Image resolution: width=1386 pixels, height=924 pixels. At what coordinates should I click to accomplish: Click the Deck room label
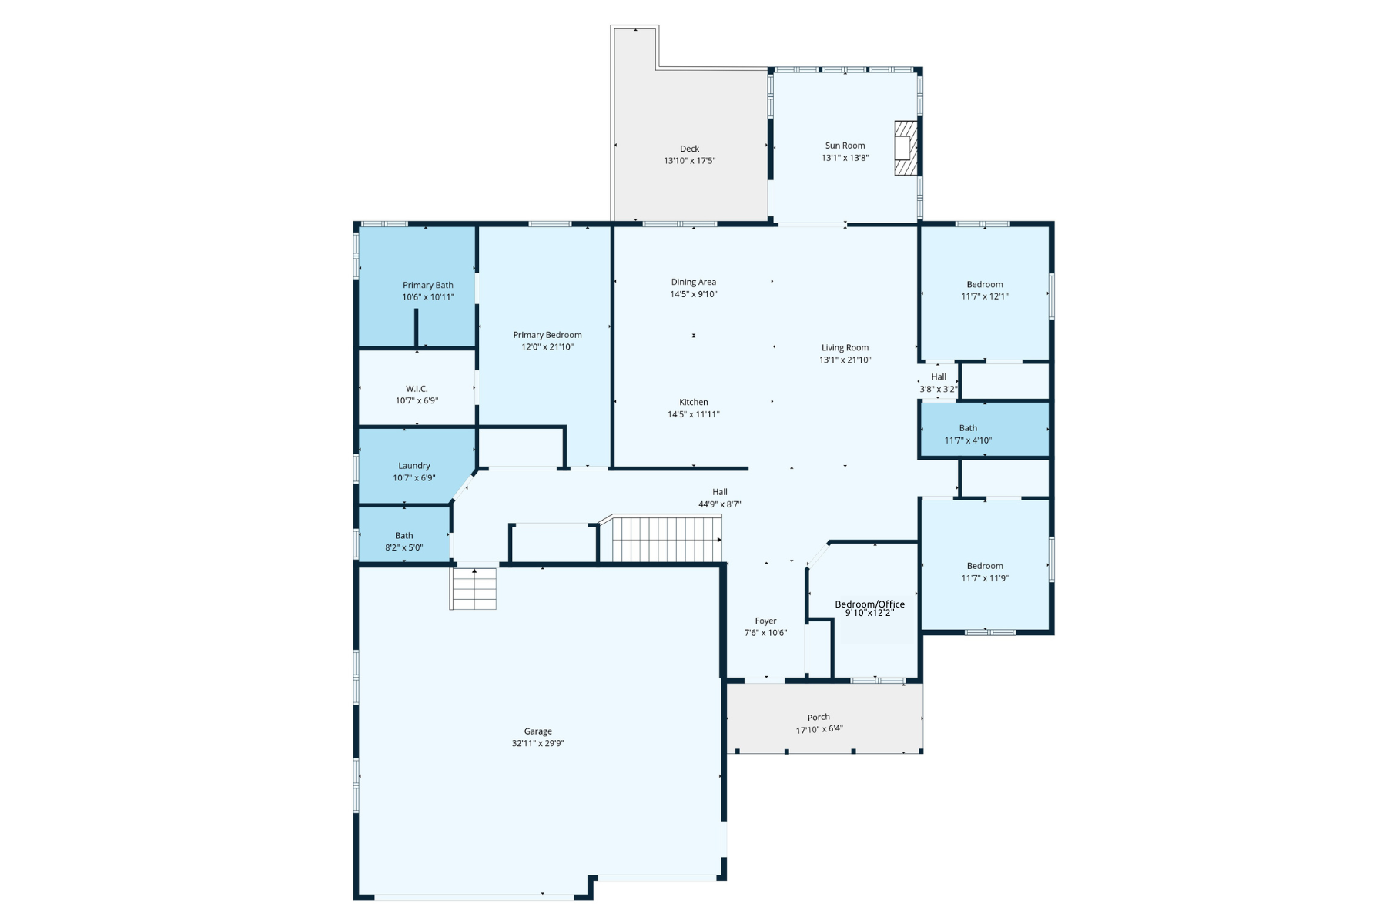[x=689, y=149]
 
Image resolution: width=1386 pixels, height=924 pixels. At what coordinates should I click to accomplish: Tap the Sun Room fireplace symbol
[x=905, y=147]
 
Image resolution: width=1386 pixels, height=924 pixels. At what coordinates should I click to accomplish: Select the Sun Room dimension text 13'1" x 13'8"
[x=845, y=158]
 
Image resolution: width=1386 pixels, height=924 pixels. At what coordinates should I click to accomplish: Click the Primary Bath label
[x=428, y=285]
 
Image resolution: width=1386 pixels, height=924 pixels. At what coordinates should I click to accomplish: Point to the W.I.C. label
[x=417, y=389]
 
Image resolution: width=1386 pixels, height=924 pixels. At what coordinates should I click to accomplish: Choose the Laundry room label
[x=414, y=465]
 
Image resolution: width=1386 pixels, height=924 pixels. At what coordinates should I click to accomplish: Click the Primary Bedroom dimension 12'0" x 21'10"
[x=547, y=347]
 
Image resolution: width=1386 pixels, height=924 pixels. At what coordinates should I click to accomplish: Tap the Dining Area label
[x=693, y=282]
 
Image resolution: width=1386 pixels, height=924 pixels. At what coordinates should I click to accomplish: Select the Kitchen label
[x=693, y=402]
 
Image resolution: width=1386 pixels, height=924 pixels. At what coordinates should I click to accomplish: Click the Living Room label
[x=845, y=347]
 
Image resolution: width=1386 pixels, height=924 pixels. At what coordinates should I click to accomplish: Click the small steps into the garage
[x=473, y=589]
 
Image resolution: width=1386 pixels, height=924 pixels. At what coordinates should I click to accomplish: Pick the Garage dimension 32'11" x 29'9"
[x=538, y=744]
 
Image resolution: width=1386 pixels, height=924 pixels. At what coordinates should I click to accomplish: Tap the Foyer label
[x=765, y=621]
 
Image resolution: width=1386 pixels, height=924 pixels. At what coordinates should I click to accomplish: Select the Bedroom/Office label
[x=870, y=604]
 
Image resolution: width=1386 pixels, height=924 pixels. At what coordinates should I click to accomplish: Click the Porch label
[x=819, y=717]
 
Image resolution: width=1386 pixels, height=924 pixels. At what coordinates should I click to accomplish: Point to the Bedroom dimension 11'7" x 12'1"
[x=985, y=296]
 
